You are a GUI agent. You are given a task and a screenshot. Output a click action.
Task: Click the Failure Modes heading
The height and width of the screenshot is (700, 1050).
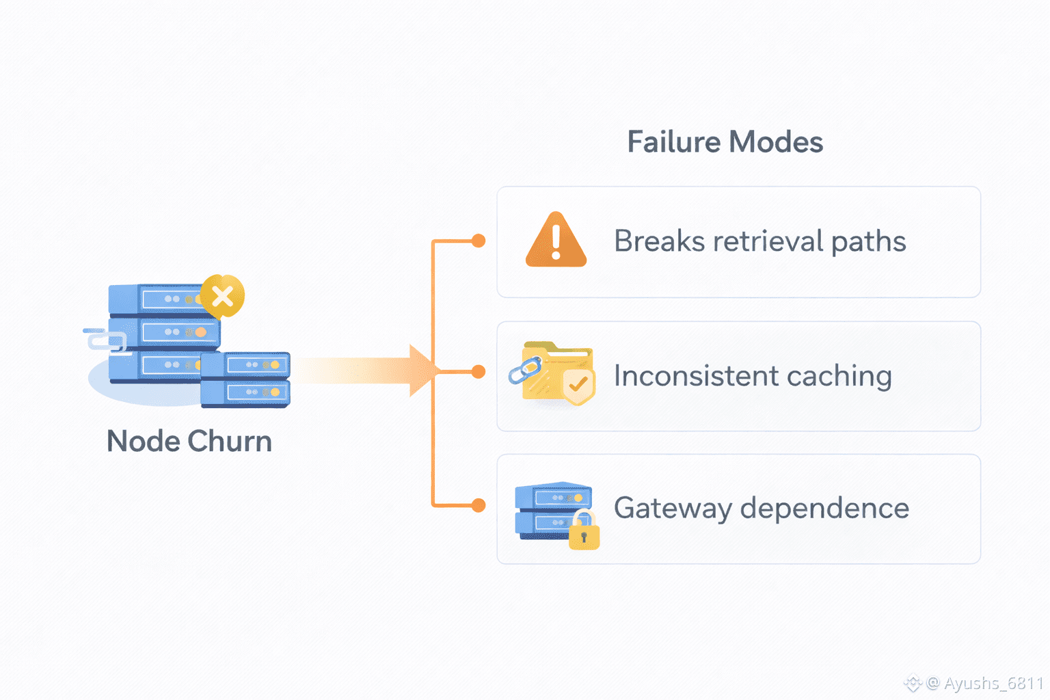click(x=725, y=142)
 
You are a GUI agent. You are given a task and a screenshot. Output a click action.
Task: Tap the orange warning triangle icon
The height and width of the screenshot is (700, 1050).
click(x=556, y=241)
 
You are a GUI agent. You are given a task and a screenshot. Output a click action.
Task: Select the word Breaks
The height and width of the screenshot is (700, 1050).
click(x=659, y=241)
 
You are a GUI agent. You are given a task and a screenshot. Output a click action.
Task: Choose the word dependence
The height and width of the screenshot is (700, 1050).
click(x=824, y=509)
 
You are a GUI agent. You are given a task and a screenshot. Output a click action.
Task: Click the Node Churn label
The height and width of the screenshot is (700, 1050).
click(x=189, y=442)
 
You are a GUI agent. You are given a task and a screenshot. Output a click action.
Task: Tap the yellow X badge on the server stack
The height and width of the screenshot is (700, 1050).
click(x=222, y=296)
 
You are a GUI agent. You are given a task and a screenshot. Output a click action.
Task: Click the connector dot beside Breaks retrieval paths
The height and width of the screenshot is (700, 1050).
click(x=479, y=241)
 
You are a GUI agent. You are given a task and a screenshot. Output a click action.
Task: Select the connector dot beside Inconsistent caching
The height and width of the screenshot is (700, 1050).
click(x=479, y=372)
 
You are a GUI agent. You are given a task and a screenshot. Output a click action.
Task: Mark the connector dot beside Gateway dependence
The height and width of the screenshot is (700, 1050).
click(x=479, y=505)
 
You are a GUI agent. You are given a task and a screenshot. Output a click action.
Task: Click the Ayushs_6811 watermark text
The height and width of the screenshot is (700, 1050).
click(x=993, y=683)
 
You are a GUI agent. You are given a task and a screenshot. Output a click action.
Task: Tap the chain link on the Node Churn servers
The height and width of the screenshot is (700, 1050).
click(x=107, y=340)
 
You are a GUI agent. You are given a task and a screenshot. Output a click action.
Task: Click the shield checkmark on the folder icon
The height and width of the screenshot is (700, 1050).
click(x=578, y=385)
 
